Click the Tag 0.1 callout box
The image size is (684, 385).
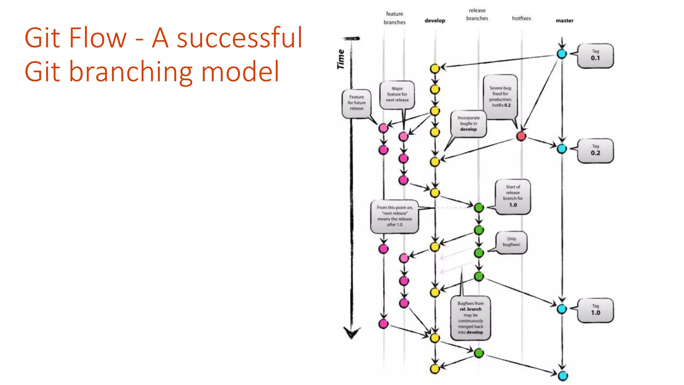click(x=595, y=55)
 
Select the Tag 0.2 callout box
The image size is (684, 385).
click(x=595, y=150)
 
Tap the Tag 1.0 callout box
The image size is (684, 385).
click(x=595, y=310)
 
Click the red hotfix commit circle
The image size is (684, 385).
click(x=521, y=136)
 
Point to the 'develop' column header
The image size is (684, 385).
click(x=435, y=20)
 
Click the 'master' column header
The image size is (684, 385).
click(x=564, y=20)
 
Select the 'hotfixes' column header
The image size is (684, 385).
click(x=521, y=18)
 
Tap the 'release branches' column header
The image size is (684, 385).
click(x=477, y=14)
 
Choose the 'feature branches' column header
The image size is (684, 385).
click(x=394, y=18)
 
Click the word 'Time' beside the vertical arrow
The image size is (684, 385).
click(x=341, y=59)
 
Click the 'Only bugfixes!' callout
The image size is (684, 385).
click(x=511, y=242)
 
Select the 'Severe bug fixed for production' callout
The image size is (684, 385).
click(x=500, y=97)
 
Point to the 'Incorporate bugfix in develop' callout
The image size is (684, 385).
click(x=469, y=124)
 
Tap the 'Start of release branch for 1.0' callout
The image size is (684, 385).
click(x=513, y=196)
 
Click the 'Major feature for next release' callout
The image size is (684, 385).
click(x=397, y=95)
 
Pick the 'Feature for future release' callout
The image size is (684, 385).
click(x=356, y=103)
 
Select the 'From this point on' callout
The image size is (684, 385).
click(x=394, y=216)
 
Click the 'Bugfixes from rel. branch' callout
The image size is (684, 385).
click(x=470, y=318)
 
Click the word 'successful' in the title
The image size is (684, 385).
click(x=239, y=37)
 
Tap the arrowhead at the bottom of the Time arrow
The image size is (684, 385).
click(x=352, y=333)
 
